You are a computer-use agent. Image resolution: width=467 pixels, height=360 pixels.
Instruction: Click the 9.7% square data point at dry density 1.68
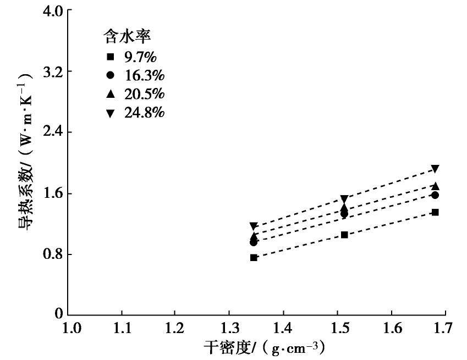[x=435, y=212]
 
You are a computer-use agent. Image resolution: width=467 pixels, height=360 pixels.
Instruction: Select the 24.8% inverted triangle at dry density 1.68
[x=435, y=169]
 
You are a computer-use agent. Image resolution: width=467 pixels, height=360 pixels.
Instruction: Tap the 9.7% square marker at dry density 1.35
[x=254, y=257]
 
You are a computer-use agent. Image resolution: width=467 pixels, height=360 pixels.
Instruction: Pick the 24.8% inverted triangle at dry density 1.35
[x=254, y=226]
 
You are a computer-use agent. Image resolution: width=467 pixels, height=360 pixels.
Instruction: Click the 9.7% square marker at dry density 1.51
[x=344, y=235]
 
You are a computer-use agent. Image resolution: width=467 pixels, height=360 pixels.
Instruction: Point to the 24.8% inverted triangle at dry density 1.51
[x=344, y=198]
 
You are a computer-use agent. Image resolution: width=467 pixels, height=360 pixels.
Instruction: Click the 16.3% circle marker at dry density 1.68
[x=435, y=195]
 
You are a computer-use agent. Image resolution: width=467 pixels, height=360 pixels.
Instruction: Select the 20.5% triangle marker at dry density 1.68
[x=435, y=186]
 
